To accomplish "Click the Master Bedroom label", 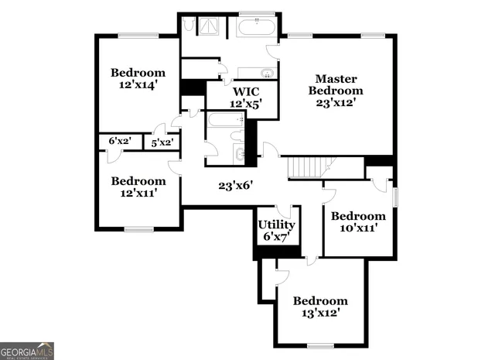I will [336, 84].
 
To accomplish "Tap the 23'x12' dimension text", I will [336, 103].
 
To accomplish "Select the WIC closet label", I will [241, 90].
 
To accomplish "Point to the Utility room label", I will [276, 225].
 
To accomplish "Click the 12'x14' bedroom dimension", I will [138, 85].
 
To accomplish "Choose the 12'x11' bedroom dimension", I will [138, 194].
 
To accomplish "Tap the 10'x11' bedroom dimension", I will [357, 228].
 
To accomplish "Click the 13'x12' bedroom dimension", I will [319, 314].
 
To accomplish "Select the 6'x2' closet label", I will [120, 141].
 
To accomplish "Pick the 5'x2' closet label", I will [162, 142].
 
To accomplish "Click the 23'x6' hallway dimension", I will [236, 186].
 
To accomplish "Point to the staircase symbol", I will [307, 166].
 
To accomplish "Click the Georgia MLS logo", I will [27, 350].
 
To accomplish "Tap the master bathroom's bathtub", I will [256, 29].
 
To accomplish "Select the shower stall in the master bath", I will [210, 27].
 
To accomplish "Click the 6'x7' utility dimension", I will [276, 237].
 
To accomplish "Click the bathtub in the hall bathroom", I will [224, 121].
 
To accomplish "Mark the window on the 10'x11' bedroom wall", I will [394, 197].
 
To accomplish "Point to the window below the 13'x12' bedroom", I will [319, 345].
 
